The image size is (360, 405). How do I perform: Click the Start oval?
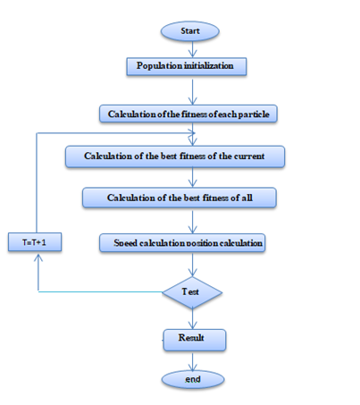pos(190,31)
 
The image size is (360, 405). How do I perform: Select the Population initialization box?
pos(187,66)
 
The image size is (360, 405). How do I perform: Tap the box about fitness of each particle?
pos(188,114)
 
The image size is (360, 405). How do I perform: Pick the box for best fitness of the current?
pos(175,156)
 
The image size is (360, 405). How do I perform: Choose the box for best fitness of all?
pos(180,198)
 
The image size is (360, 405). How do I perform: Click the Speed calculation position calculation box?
pos(182,243)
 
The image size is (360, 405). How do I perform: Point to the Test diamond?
pos(192,292)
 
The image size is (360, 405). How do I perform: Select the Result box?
pos(195,340)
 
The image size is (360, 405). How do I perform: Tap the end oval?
pos(193,379)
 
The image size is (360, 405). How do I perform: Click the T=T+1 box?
pos(35,242)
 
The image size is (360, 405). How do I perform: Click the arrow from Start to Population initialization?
pos(193,49)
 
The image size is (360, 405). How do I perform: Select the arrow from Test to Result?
pos(193,318)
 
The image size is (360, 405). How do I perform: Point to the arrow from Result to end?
pos(193,362)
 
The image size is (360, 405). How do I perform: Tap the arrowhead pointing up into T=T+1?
pos(38,257)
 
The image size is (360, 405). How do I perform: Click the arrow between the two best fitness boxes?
pos(193,177)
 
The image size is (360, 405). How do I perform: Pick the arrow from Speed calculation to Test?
pos(193,265)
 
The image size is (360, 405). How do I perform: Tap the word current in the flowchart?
pos(249,156)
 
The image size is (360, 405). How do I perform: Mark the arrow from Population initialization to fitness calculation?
pos(193,92)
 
